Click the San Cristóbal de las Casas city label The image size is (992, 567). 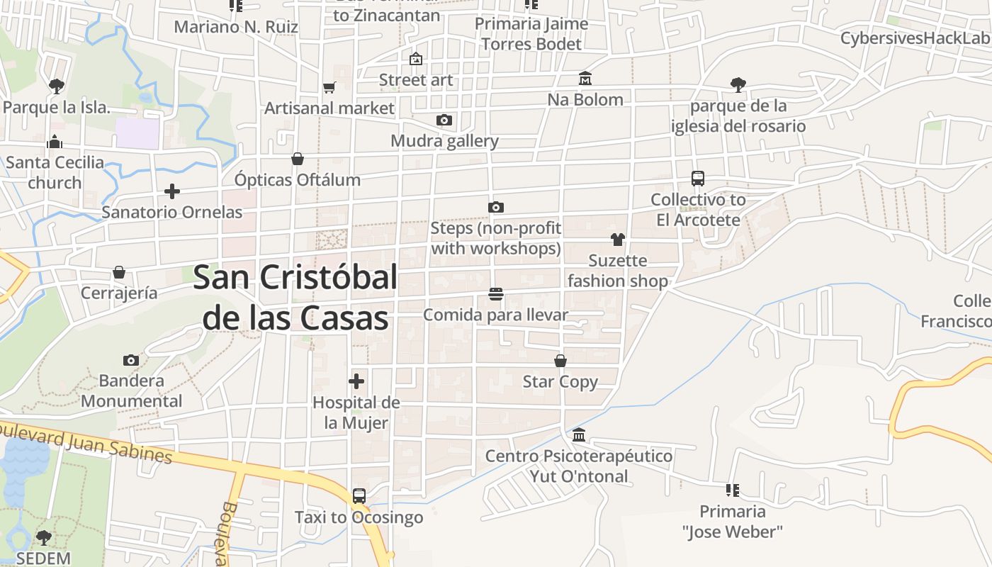295,298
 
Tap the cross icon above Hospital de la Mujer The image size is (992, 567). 356,382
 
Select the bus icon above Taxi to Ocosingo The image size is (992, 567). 359,496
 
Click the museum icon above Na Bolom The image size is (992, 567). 585,78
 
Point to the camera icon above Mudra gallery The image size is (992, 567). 444,120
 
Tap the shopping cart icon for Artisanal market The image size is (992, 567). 329,88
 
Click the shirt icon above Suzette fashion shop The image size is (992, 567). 618,240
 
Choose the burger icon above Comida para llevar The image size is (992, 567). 496,293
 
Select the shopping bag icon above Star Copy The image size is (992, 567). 560,361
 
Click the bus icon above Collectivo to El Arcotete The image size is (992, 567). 698,179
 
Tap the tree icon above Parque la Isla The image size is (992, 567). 56,86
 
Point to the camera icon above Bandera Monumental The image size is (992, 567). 131,360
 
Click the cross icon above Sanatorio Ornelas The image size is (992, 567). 171,191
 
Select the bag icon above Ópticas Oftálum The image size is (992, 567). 298,159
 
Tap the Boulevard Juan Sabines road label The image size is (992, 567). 85,444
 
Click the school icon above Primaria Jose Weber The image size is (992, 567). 733,490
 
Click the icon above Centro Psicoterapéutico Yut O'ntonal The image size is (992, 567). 579,434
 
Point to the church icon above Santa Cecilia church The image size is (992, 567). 55,142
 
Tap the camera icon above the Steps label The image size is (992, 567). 496,207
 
